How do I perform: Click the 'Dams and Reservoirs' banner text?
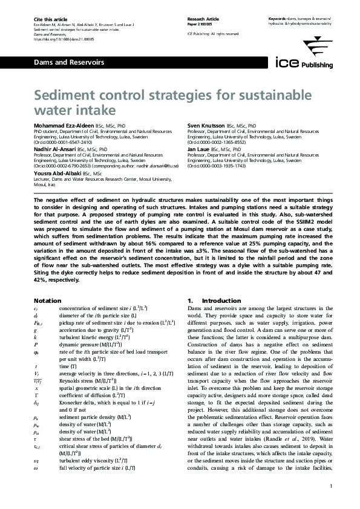point(60,62)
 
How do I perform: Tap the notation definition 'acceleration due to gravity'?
point(93,331)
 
